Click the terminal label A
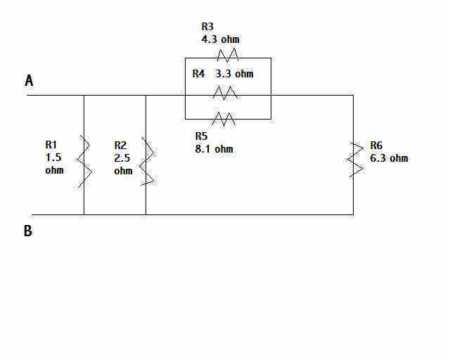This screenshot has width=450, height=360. (x=29, y=80)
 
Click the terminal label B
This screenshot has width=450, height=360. (x=28, y=231)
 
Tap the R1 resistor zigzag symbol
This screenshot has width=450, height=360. (x=84, y=162)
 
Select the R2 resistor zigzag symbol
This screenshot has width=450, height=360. (x=146, y=161)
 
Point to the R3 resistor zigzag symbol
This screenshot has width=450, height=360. (x=228, y=55)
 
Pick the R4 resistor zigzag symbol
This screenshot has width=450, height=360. (x=225, y=93)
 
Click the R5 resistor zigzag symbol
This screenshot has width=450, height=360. (x=224, y=119)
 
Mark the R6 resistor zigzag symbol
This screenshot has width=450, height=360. (x=354, y=160)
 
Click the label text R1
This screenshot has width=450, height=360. (x=51, y=145)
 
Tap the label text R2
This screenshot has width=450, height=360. (x=120, y=146)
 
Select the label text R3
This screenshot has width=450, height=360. (x=207, y=27)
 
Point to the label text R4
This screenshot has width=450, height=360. (x=198, y=74)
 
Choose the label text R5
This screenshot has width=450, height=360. (x=201, y=136)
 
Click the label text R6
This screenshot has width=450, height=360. (x=376, y=146)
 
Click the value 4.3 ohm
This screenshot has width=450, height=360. (x=220, y=39)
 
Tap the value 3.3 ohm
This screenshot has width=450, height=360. (x=234, y=74)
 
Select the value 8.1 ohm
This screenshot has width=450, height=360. (x=214, y=149)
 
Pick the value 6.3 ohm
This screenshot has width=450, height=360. (x=389, y=158)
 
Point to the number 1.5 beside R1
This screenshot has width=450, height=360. (x=53, y=157)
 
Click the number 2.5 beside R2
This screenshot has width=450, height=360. (x=122, y=158)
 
